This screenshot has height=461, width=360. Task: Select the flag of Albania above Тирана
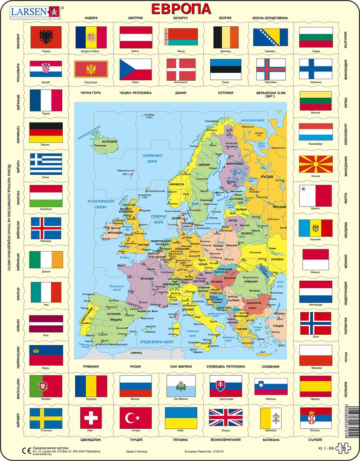pyautogui.click(x=46, y=37)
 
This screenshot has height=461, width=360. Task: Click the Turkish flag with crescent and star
pyautogui.click(x=136, y=418)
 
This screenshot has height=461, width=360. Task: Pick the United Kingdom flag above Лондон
pyautogui.click(x=225, y=418)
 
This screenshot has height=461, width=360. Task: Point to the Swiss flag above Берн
pyautogui.click(x=90, y=418)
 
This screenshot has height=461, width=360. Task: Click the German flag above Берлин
pyautogui.click(x=46, y=133)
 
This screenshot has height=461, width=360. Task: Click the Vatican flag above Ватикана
pyautogui.click(x=270, y=418)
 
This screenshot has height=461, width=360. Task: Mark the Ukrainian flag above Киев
pyautogui.click(x=181, y=418)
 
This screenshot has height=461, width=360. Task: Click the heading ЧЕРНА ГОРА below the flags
pyautogui.click(x=90, y=93)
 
